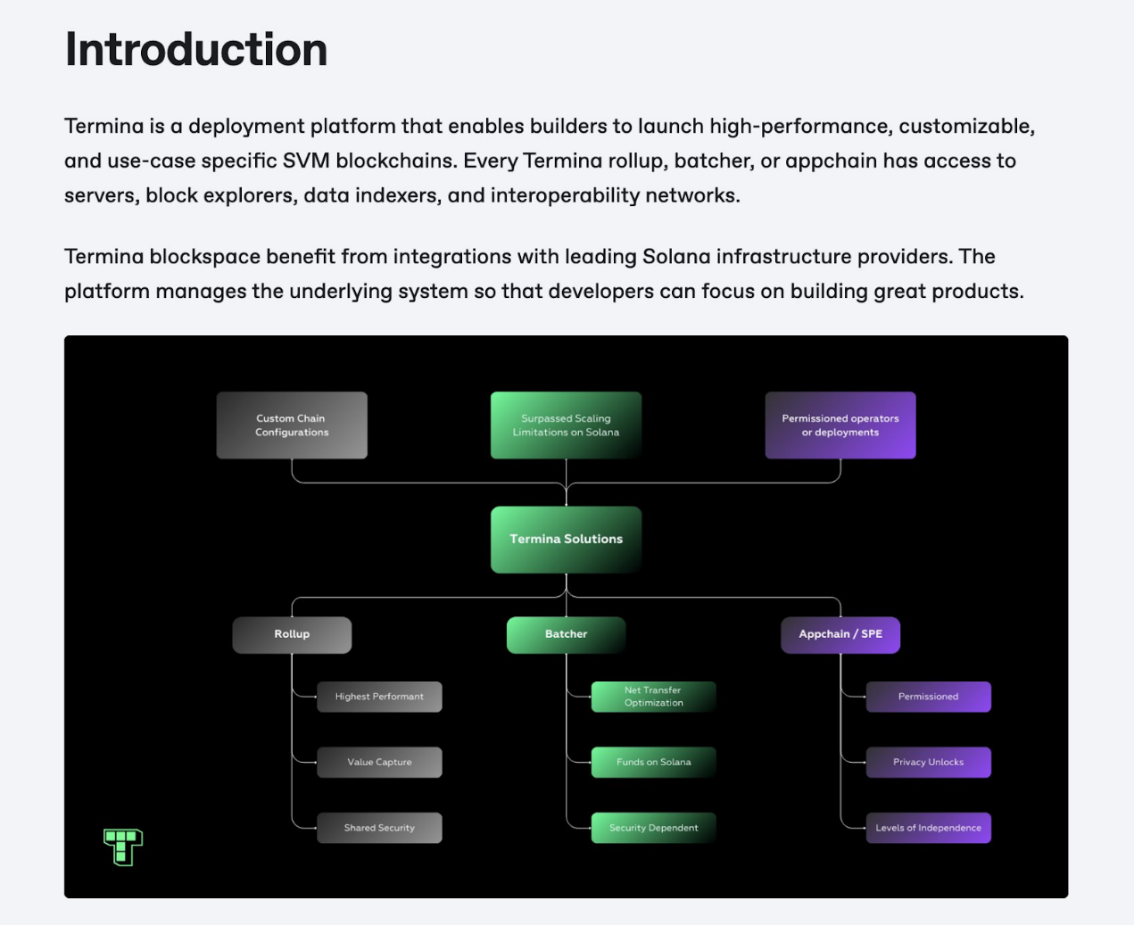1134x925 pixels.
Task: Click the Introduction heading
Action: [196, 50]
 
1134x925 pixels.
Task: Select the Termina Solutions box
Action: [566, 539]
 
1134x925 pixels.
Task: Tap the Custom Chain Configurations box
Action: [292, 425]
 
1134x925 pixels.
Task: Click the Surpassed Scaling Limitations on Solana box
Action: [566, 425]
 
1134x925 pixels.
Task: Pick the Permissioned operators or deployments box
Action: [840, 425]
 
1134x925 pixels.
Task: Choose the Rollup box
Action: [292, 634]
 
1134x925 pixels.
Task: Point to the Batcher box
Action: [566, 634]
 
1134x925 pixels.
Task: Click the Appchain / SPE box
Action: [840, 634]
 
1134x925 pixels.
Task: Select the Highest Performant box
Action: [379, 697]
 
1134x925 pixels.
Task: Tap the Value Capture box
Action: [379, 763]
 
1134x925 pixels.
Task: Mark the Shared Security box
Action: [379, 828]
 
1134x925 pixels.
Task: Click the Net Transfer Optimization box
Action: [653, 697]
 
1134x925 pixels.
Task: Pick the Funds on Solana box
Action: [653, 763]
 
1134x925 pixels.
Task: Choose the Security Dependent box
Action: [653, 828]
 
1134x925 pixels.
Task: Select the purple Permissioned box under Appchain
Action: [928, 697]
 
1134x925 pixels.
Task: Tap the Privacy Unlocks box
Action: [928, 763]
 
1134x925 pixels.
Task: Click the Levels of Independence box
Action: [928, 828]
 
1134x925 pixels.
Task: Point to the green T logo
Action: [123, 847]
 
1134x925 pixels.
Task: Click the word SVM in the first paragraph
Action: [306, 161]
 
